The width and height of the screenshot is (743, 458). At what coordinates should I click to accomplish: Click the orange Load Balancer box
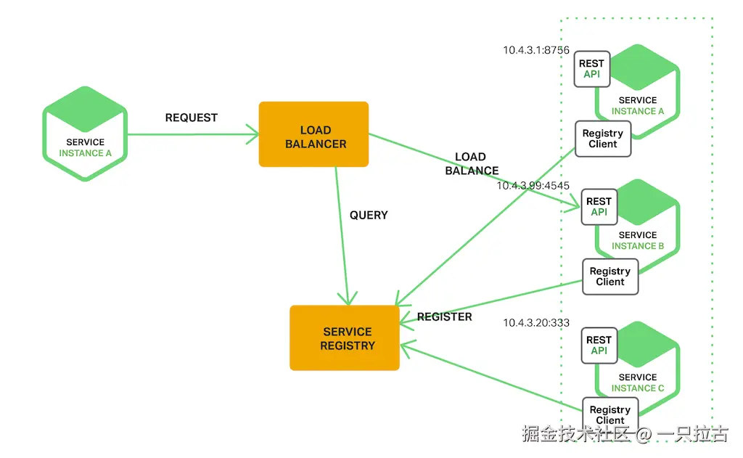point(313,134)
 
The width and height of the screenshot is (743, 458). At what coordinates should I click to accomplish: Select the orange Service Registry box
point(345,338)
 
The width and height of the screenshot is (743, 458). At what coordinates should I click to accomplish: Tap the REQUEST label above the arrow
point(192,118)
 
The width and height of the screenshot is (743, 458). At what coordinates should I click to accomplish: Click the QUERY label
point(369,215)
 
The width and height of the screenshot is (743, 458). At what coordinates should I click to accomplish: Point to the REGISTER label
point(445,316)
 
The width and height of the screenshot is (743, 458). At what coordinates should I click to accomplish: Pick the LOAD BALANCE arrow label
point(472,164)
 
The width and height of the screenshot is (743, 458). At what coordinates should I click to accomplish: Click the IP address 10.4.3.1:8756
point(536,51)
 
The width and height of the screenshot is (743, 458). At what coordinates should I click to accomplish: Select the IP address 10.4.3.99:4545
point(533,186)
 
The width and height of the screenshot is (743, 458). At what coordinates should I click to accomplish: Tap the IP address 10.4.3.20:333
point(536,322)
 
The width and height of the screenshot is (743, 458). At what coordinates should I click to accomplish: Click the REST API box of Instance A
point(591,69)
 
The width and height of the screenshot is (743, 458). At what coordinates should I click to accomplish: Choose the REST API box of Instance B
point(599,207)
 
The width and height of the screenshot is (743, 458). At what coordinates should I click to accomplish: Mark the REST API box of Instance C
point(599,345)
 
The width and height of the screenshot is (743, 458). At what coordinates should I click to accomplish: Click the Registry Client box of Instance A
point(603,139)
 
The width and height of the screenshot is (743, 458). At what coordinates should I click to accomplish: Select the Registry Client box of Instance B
point(610,277)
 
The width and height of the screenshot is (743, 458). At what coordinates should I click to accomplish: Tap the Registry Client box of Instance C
point(610,414)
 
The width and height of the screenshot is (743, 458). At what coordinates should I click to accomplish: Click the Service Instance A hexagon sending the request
point(85,134)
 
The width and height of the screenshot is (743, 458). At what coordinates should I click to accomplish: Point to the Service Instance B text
point(638,240)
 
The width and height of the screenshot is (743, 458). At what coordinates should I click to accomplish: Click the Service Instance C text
point(638,383)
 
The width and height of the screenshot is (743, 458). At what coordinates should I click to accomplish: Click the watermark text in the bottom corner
point(624,434)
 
